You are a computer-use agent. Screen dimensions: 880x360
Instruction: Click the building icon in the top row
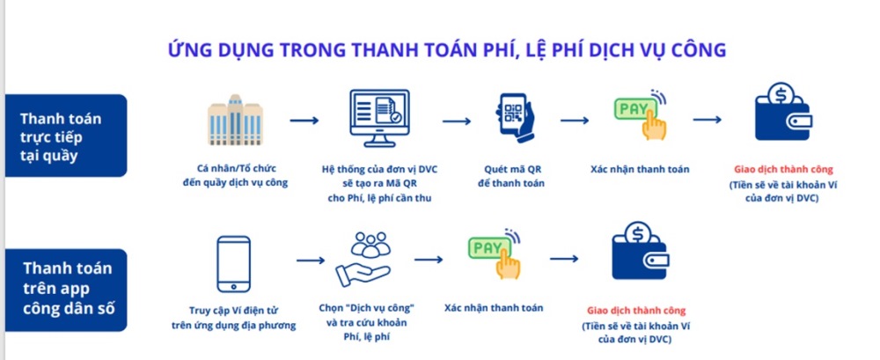(235, 121)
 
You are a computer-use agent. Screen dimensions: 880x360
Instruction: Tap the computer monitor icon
(379, 119)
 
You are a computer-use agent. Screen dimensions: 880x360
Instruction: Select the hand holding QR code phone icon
(515, 118)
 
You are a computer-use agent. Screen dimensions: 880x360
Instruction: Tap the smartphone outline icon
(233, 264)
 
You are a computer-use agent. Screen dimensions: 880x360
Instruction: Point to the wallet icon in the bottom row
(640, 251)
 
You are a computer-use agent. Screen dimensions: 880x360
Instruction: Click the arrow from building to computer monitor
(304, 121)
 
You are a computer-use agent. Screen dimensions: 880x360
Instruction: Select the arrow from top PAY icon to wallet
(708, 120)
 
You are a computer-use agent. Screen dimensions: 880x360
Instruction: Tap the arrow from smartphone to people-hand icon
(311, 260)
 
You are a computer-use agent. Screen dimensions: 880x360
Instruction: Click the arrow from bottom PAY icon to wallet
(564, 259)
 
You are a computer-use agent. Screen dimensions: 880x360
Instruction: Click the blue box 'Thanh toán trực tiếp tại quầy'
(66, 136)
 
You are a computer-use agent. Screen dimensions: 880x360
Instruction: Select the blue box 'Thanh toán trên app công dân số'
(66, 290)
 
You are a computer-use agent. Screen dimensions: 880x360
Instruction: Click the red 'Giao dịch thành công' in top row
(783, 169)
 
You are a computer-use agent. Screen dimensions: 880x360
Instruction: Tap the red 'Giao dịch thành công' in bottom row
(636, 311)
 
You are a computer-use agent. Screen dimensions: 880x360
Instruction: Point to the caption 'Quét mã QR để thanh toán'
(510, 176)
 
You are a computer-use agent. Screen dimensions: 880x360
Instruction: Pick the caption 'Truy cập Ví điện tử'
(233, 310)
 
